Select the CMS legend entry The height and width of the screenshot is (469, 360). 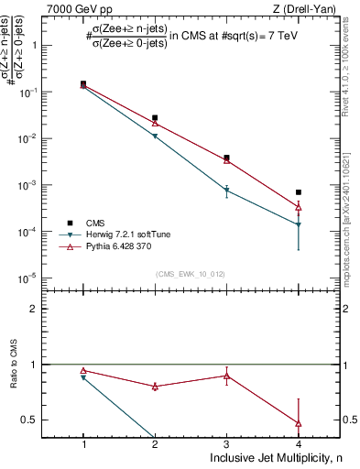[x=94, y=223]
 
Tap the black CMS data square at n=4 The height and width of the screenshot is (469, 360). [x=299, y=192]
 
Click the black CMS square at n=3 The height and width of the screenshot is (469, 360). [x=227, y=158]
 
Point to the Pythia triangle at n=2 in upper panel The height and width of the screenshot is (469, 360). [x=155, y=123]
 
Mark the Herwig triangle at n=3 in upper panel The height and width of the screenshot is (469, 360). [x=227, y=190]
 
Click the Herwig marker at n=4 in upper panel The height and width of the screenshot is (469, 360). [x=299, y=224]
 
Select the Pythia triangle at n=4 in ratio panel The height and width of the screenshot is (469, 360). [x=299, y=423]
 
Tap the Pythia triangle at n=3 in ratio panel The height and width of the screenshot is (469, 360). [x=227, y=376]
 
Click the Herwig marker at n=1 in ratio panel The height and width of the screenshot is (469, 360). [x=83, y=377]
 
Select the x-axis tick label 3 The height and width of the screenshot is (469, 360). [x=227, y=444]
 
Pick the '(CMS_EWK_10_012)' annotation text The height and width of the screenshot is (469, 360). [x=191, y=274]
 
